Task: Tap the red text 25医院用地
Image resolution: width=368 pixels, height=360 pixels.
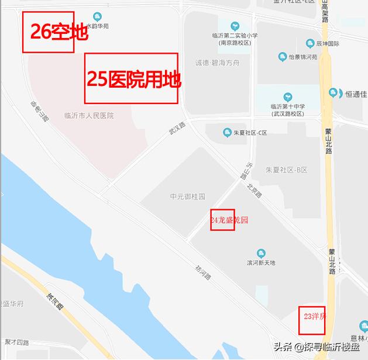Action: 134,79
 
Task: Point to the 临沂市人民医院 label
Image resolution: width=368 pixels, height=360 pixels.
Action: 89,116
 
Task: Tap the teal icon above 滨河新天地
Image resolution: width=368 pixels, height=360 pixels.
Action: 261,253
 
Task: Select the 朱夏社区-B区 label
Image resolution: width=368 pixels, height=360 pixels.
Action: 287,169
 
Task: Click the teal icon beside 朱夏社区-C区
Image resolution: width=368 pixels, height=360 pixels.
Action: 226,133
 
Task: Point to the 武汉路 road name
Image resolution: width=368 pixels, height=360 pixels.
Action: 177,129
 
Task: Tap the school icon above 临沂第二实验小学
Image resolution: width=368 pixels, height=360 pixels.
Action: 235,26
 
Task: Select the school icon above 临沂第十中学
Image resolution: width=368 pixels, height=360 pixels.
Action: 287,97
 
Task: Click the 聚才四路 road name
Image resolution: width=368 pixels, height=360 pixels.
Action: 16,341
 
